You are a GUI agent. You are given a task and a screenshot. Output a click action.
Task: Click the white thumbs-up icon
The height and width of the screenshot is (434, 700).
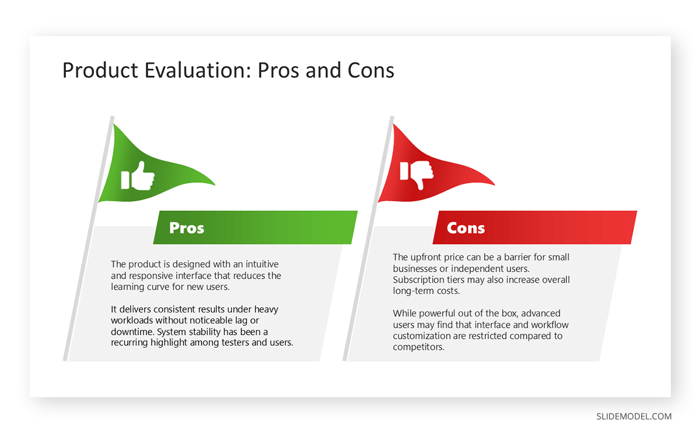point(138,176)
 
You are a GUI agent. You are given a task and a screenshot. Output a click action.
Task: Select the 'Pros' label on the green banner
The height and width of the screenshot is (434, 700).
point(187,228)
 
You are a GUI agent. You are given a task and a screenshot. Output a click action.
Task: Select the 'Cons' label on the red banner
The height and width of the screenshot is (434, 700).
point(466,228)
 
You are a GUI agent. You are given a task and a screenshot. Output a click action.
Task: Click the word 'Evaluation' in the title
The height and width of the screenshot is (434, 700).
point(190,70)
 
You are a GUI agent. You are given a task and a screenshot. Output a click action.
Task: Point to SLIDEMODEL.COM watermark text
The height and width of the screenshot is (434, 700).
point(633,416)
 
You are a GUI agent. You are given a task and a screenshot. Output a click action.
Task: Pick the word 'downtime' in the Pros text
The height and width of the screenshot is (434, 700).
point(131,332)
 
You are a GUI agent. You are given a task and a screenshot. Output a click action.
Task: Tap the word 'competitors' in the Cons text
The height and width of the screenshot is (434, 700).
point(418,347)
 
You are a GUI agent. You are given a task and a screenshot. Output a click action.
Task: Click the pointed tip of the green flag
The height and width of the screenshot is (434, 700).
point(215,185)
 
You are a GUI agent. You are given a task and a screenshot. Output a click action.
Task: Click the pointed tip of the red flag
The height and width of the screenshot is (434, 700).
point(495,185)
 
